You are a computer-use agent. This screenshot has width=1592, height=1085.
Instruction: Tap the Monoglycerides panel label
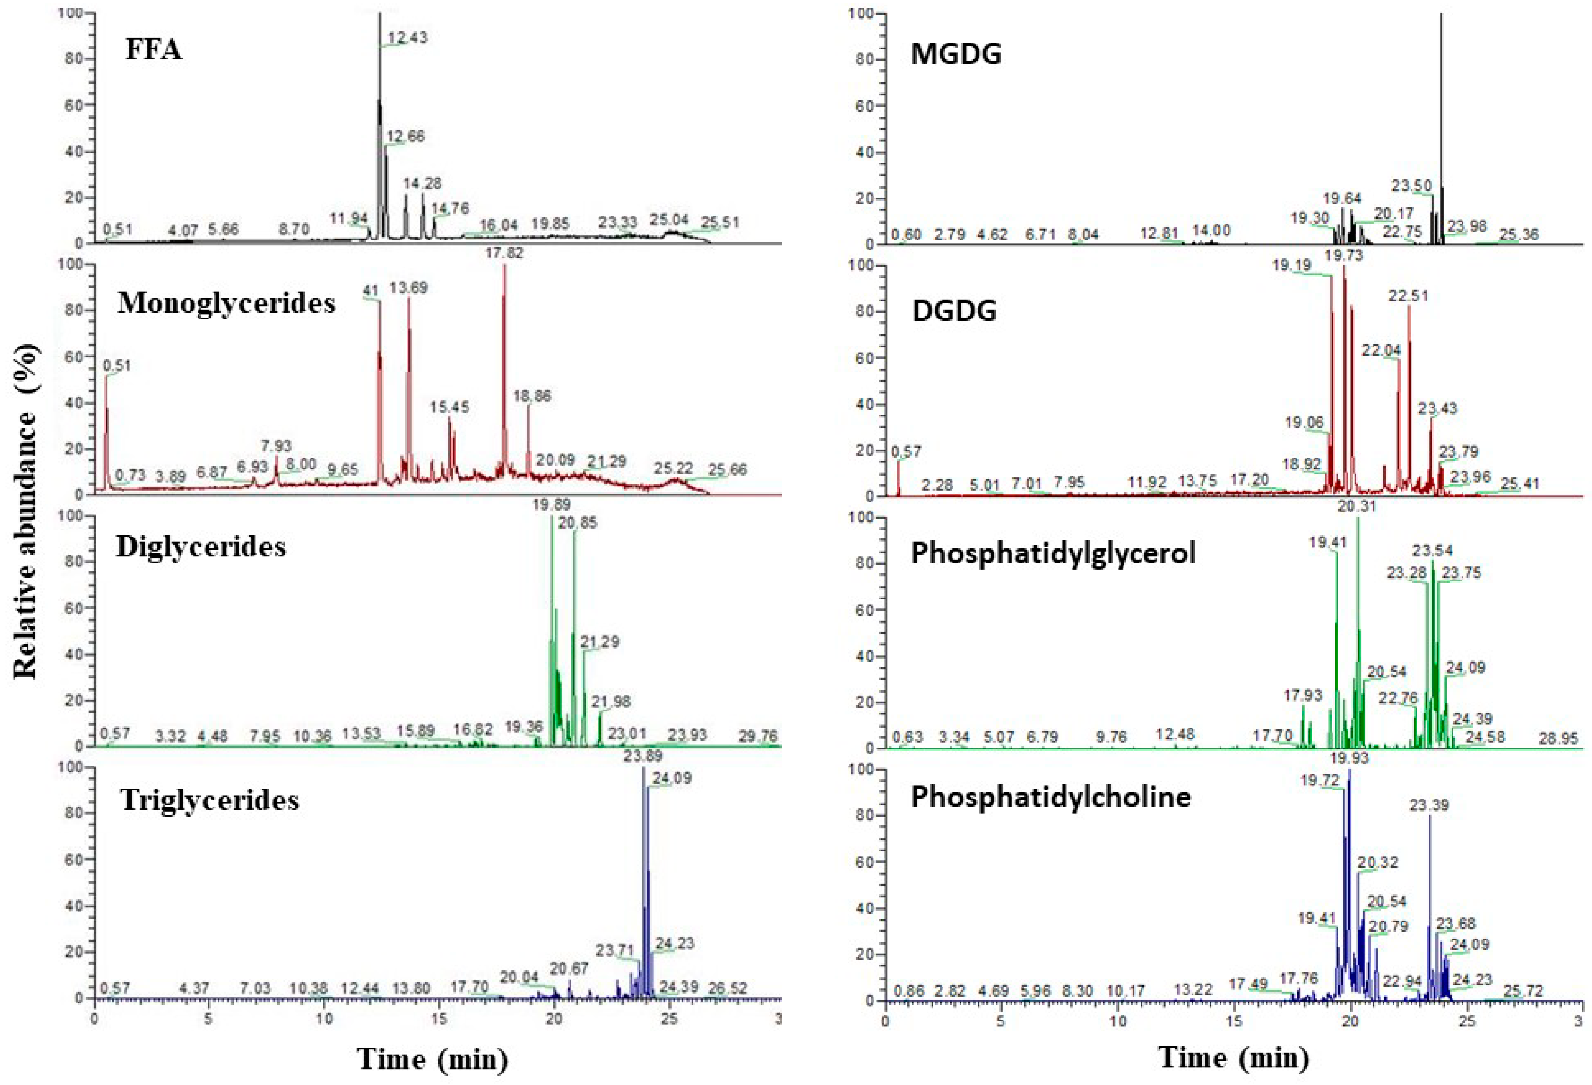coord(226,302)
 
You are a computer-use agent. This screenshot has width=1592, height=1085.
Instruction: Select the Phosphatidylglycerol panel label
coord(1053,553)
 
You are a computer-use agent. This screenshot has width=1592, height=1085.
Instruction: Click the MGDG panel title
coord(956,54)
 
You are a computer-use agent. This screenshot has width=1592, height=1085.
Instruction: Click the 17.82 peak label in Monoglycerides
coord(504,253)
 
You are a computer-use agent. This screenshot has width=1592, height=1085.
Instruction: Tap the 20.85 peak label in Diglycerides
coord(577,523)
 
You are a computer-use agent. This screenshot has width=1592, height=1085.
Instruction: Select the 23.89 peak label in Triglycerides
coord(643,757)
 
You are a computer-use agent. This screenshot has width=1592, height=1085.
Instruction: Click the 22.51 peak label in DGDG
coord(1408,296)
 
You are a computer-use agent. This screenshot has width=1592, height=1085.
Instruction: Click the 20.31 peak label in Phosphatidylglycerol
coord(1357,507)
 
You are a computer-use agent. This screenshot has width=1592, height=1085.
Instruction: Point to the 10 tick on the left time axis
coord(324,1019)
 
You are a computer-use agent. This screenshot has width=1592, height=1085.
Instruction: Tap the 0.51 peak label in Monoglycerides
coord(117,366)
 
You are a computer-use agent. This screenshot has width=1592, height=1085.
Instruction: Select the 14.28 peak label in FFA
coord(422,184)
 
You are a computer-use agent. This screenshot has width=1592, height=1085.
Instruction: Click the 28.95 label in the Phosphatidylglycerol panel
coord(1558,739)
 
